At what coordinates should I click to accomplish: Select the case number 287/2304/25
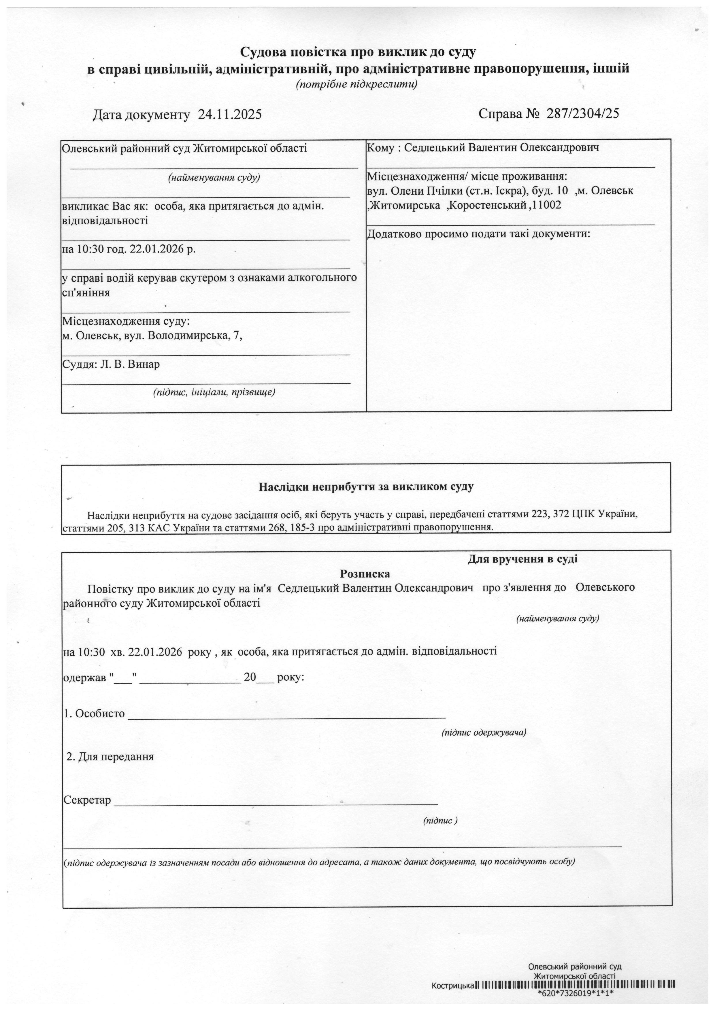pos(582,114)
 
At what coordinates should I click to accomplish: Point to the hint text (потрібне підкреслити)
pos(356,84)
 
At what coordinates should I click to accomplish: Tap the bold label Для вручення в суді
pos(522,559)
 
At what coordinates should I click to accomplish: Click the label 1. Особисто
pos(94,713)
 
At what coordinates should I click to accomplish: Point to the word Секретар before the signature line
pos(87,800)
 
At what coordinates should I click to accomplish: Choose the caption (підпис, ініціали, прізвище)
pos(214,392)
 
